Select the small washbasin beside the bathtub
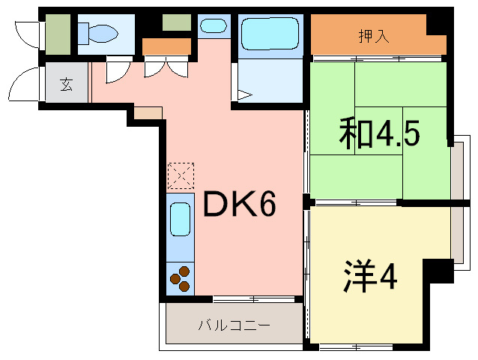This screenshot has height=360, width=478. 214,26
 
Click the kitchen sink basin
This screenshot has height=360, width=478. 180,220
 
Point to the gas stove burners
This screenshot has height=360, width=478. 181,279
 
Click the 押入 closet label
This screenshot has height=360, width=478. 374,36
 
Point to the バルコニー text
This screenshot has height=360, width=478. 234,325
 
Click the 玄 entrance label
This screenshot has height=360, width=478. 67,84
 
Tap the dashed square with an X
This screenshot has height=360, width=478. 180,177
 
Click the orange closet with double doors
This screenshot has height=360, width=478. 166,47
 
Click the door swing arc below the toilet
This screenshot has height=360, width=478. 117,72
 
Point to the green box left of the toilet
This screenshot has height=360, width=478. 58,34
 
